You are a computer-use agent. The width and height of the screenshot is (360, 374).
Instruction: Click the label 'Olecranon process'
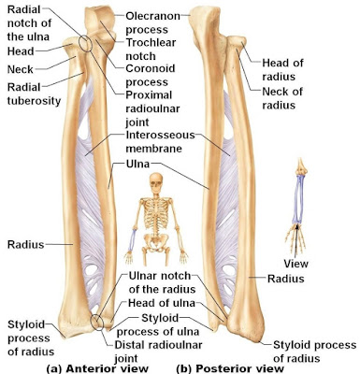[x=151, y=23]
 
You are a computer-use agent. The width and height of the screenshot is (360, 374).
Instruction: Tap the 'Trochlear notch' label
[x=151, y=50]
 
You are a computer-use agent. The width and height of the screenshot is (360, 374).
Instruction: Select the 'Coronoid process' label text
[x=151, y=77]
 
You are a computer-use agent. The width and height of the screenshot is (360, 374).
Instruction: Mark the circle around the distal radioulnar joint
[x=100, y=323]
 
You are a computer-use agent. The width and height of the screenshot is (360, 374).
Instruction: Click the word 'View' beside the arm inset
[x=295, y=263]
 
